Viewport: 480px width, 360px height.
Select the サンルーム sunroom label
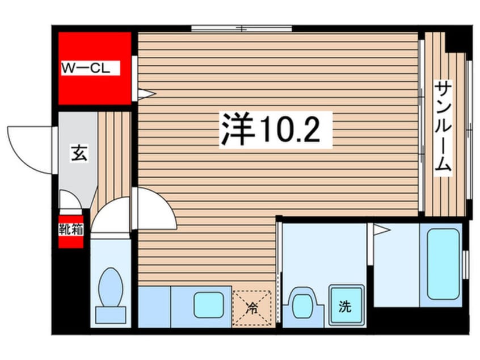click(443, 127)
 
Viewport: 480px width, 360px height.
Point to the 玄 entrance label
click(78, 153)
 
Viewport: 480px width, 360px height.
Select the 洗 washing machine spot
click(346, 307)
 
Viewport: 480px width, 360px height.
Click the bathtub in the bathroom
click(443, 264)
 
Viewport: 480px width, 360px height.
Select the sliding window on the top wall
click(242, 28)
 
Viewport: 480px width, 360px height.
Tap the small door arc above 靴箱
click(69, 200)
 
